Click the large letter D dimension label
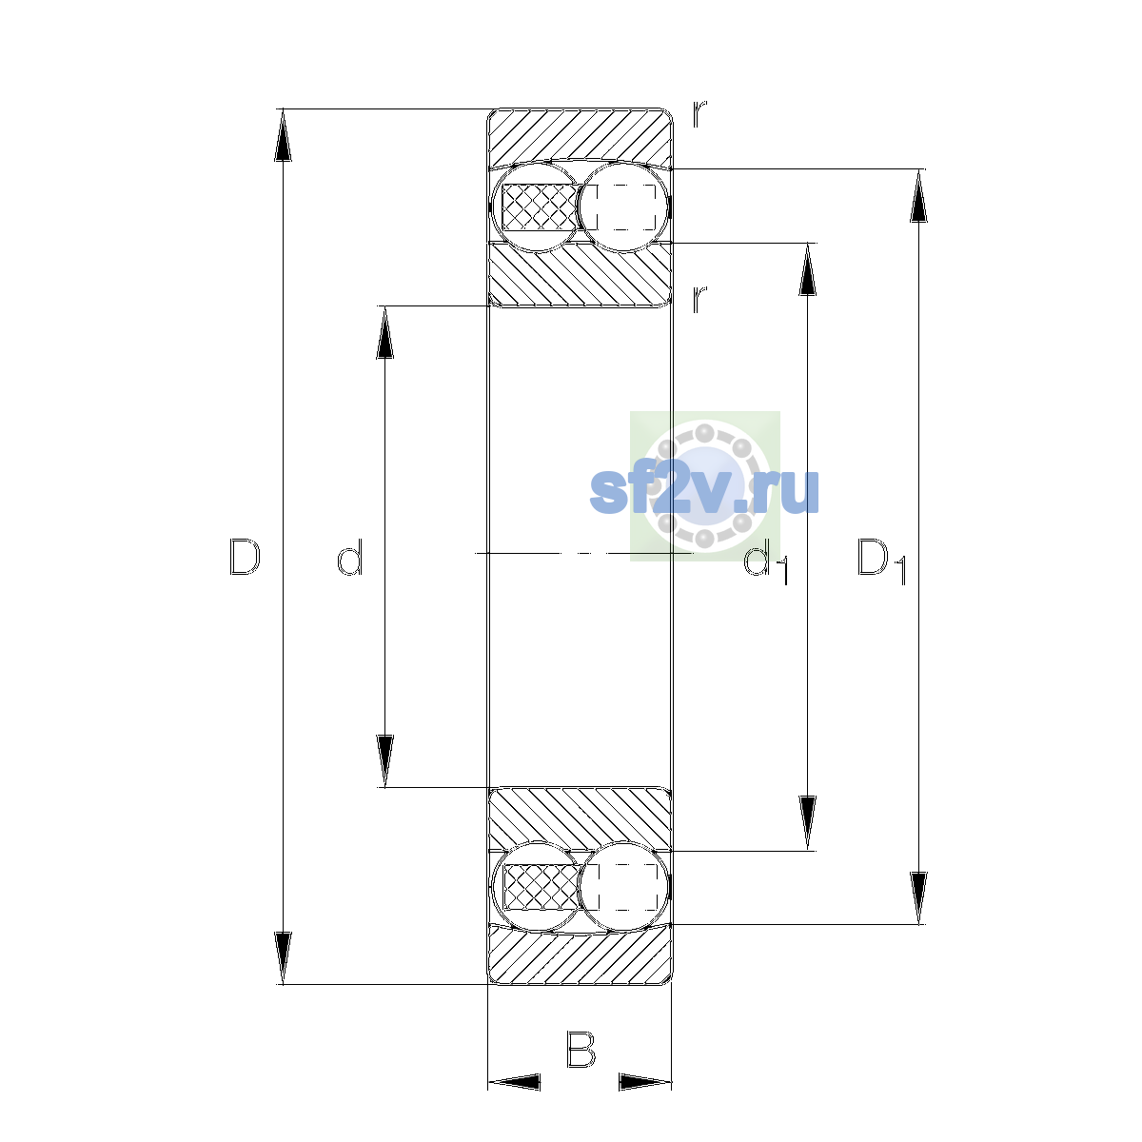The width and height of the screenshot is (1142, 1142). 245,557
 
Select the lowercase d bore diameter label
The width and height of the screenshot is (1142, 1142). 349,557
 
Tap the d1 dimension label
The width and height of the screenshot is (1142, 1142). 766,561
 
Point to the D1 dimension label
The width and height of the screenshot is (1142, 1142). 882,561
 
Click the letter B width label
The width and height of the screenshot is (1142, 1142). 581,1049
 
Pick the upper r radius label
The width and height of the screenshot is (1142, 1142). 699,114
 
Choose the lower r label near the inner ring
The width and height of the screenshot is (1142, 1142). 699,299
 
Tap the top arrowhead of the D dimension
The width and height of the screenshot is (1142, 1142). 283,135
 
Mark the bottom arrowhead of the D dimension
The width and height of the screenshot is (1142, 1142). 283,957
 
